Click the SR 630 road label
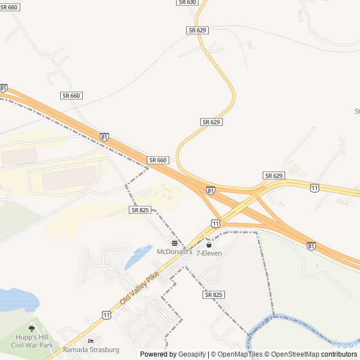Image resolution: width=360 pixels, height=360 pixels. [187, 2]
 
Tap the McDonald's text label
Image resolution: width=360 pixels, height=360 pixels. [174, 251]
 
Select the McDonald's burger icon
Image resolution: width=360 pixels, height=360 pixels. [174, 243]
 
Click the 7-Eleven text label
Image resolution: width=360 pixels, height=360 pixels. [209, 253]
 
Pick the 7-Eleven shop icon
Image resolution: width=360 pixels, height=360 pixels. [209, 245]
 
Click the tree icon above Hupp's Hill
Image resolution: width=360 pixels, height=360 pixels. [31, 328]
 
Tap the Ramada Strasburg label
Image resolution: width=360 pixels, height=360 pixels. [91, 350]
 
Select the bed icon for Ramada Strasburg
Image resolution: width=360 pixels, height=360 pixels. [91, 341]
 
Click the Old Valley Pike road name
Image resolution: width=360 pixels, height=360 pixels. [138, 288]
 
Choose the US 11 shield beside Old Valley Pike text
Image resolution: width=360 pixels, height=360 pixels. [107, 315]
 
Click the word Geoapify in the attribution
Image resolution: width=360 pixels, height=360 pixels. [192, 354]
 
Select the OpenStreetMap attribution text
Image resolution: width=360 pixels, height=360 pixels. [295, 354]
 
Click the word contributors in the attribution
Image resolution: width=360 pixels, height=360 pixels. [340, 354]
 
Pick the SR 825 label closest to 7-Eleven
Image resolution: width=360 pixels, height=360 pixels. [214, 295]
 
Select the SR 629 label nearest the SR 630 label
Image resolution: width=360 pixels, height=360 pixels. [197, 30]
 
